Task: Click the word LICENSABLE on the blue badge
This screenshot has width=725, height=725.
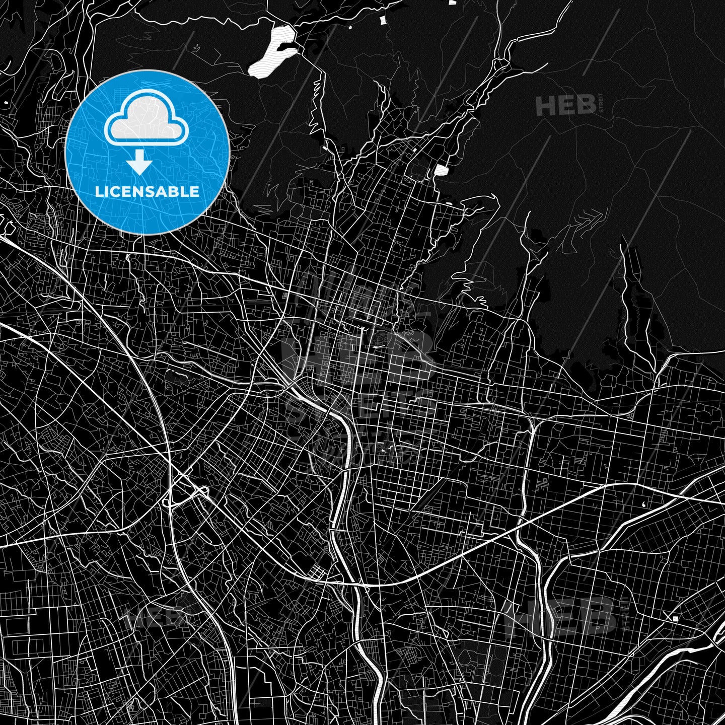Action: click(x=147, y=192)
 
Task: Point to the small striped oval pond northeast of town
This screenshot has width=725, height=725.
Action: click(x=441, y=170)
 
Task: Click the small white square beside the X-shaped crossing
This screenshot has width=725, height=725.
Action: click(x=675, y=618)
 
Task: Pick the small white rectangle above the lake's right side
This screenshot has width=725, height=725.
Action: click(x=382, y=20)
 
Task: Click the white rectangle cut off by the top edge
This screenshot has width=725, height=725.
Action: click(x=452, y=2)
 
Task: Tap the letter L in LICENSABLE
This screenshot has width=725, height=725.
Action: click(x=98, y=192)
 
